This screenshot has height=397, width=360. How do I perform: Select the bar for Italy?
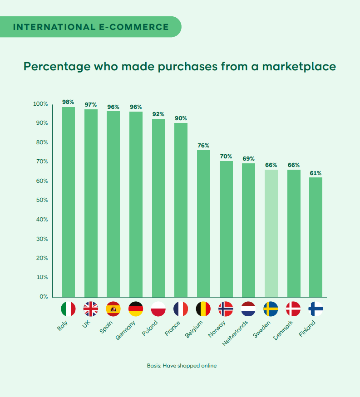(x=68, y=202)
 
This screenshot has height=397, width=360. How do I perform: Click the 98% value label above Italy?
(x=68, y=102)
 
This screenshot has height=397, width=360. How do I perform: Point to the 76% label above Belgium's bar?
(x=203, y=145)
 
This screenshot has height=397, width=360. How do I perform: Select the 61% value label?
(x=316, y=173)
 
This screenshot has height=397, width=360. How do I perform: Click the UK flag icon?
(x=91, y=309)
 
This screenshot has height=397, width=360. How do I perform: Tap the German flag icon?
(x=136, y=309)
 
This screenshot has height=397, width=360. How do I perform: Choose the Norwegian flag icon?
(x=226, y=309)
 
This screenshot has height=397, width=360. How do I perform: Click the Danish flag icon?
(x=293, y=309)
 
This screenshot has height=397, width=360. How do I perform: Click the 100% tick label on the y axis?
(x=40, y=104)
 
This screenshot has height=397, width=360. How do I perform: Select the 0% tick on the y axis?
(x=44, y=297)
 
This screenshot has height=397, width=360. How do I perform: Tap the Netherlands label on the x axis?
(x=236, y=333)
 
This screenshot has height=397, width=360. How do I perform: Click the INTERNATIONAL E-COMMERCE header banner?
(x=91, y=27)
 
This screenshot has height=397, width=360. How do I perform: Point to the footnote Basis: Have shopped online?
(x=182, y=365)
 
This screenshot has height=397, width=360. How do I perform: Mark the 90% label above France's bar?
(x=181, y=118)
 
